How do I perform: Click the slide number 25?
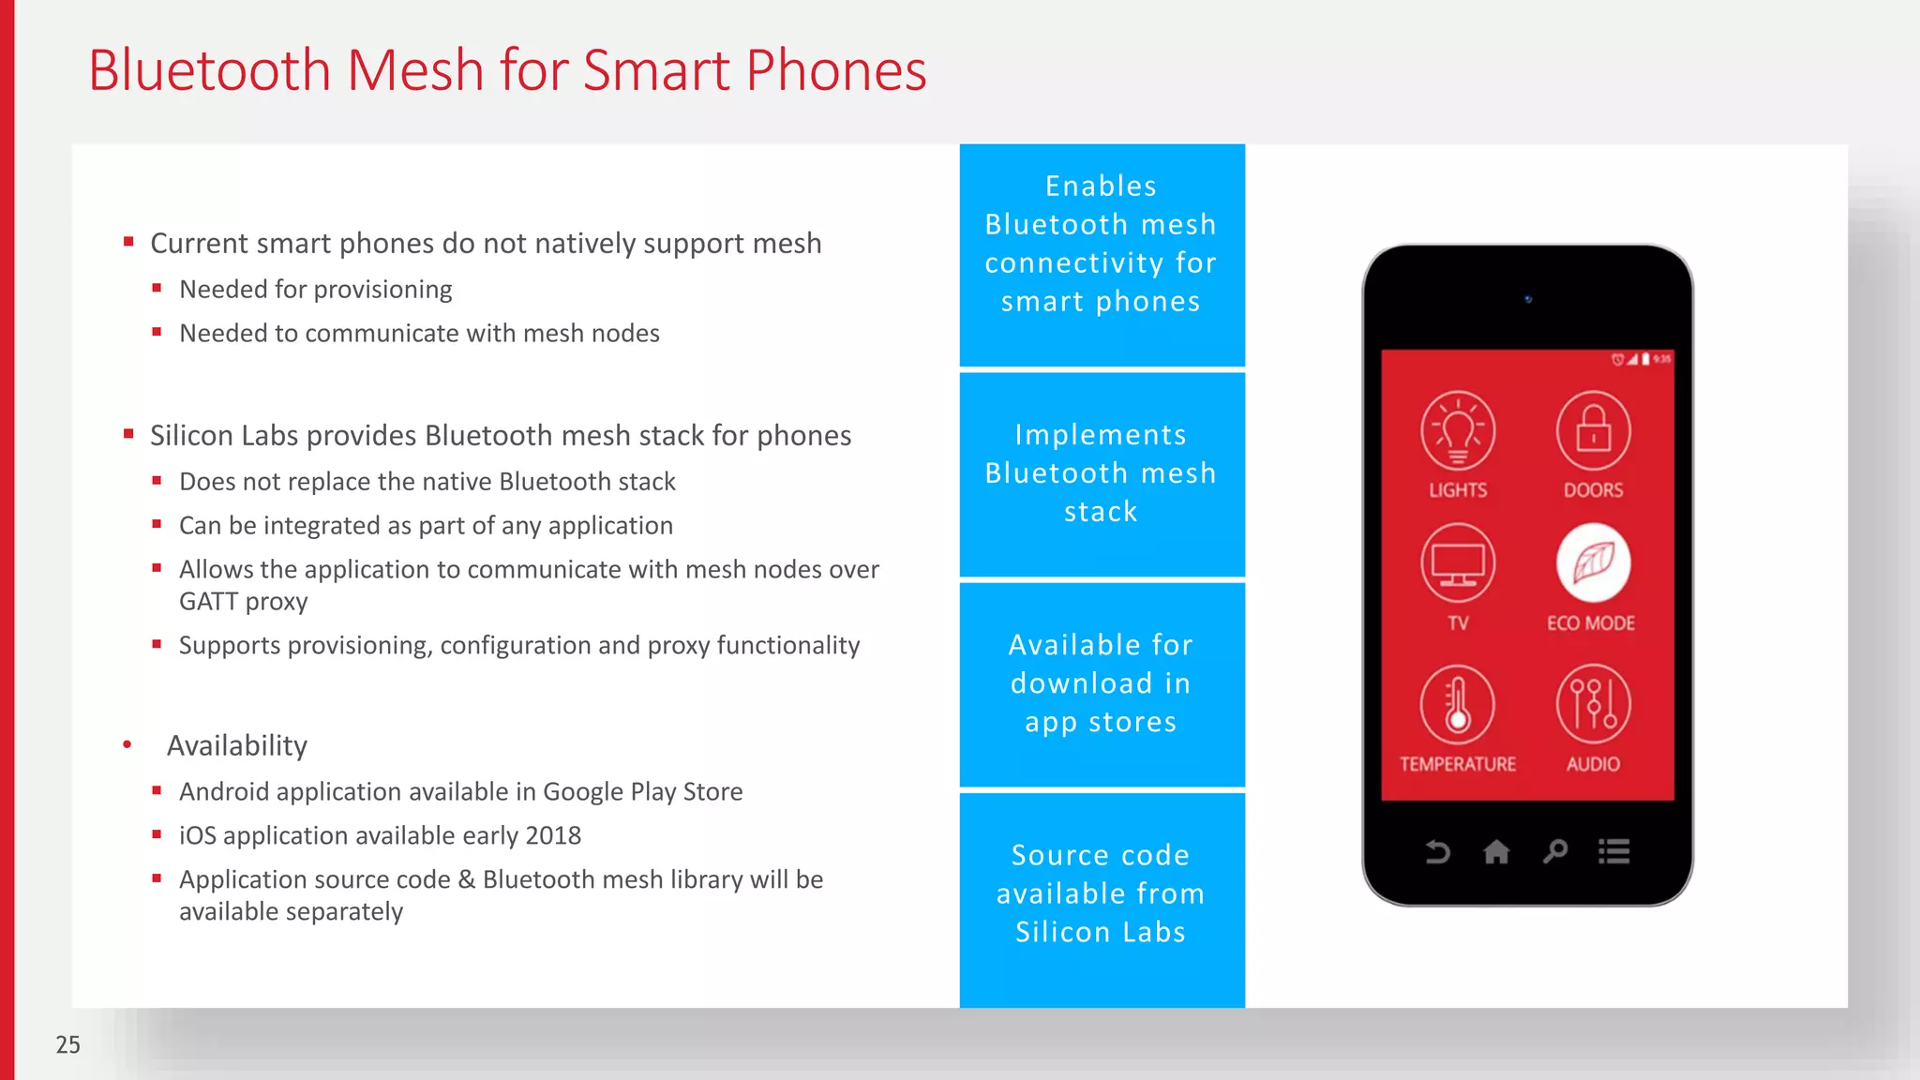click(68, 1044)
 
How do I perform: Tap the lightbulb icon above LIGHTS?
click(1458, 430)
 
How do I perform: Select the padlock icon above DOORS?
click(1593, 430)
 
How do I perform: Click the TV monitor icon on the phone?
click(1458, 563)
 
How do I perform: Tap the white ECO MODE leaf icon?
click(1593, 563)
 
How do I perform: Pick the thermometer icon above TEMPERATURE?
click(1458, 704)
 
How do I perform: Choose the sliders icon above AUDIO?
click(1593, 704)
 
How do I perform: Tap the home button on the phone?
click(1496, 851)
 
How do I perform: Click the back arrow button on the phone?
click(1437, 851)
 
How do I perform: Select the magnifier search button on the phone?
click(1555, 851)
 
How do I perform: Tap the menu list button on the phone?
click(1614, 851)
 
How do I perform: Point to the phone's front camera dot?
click(1528, 299)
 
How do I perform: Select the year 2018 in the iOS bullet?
click(553, 835)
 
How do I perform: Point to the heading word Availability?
click(237, 745)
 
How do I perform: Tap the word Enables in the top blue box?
click(1101, 186)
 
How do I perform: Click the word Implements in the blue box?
click(1101, 435)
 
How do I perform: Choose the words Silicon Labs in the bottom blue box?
click(1101, 932)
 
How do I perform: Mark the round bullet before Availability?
click(127, 745)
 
